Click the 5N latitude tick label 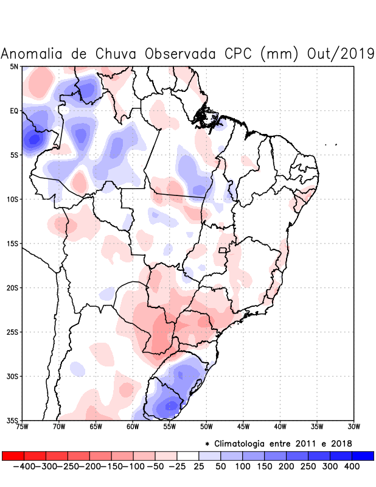pos(14,66)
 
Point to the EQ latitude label pos(14,111)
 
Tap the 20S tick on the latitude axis pos(12,288)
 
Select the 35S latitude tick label pos(12,421)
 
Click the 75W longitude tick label pos(22,427)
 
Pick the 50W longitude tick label pos(206,427)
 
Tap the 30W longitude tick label pos(354,427)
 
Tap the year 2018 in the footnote pos(342,443)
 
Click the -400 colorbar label pos(21,466)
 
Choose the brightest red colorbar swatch pos(13,455)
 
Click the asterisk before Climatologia pos(207,444)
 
